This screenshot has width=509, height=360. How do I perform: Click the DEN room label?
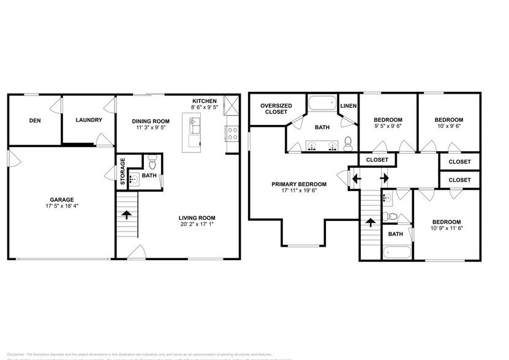pos(35,121)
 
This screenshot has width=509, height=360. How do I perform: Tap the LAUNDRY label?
pos(89,120)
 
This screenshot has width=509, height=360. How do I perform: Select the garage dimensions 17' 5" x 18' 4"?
pos(62,207)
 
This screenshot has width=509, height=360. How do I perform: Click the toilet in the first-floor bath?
pos(153,162)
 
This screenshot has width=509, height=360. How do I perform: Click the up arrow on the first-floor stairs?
pos(127,215)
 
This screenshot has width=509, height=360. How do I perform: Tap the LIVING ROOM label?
pos(197,218)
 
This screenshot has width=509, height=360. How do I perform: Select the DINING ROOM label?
pos(150,121)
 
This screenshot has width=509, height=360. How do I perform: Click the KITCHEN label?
pos(205,101)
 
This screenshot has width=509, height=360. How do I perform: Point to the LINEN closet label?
pos(349,105)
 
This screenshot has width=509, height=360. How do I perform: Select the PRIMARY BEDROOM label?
pos(300,184)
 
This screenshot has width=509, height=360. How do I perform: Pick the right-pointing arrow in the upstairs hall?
pos(385,179)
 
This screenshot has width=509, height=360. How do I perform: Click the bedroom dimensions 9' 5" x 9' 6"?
pos(388,127)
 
